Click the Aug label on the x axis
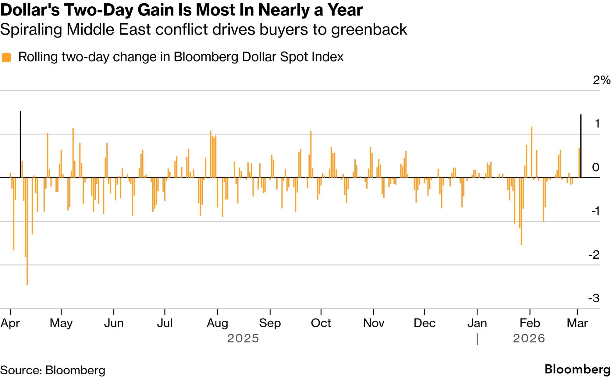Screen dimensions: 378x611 (217, 323)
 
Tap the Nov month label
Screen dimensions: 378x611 (374, 323)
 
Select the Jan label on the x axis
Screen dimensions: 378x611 (477, 323)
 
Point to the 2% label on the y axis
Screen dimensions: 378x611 (601, 80)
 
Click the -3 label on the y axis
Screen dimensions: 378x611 (594, 298)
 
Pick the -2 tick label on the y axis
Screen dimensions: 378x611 (594, 254)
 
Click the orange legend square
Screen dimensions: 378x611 (6, 57)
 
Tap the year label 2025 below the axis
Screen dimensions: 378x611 (243, 338)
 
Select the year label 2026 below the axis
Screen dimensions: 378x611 (529, 338)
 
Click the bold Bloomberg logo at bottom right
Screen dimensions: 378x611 (577, 369)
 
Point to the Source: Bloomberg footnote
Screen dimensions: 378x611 (53, 370)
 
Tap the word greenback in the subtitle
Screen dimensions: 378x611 (369, 30)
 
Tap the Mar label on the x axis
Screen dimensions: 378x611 (577, 323)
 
